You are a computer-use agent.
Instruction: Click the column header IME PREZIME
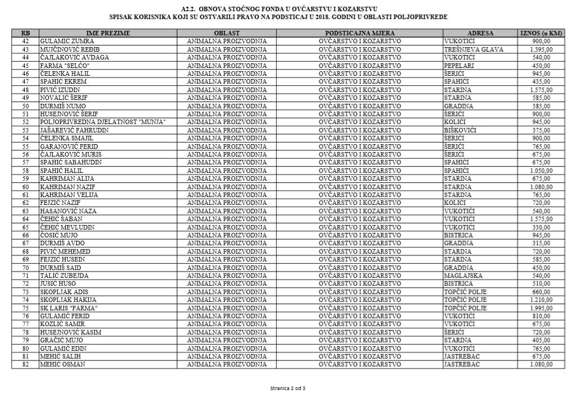click(108, 33)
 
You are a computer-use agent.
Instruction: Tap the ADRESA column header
click(480, 33)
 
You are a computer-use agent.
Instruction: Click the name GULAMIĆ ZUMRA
click(67, 41)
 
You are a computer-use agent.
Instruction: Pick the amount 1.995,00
click(541, 308)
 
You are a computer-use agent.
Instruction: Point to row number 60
click(25, 186)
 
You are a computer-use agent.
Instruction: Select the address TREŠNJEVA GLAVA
click(473, 49)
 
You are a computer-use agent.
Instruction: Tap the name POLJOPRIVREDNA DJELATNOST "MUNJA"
click(103, 122)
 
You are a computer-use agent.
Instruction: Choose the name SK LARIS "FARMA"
click(69, 308)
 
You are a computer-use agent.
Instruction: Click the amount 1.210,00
click(541, 300)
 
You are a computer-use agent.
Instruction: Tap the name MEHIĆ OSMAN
click(62, 364)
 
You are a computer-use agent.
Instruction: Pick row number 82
click(25, 364)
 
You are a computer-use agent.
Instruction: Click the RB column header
click(25, 33)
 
